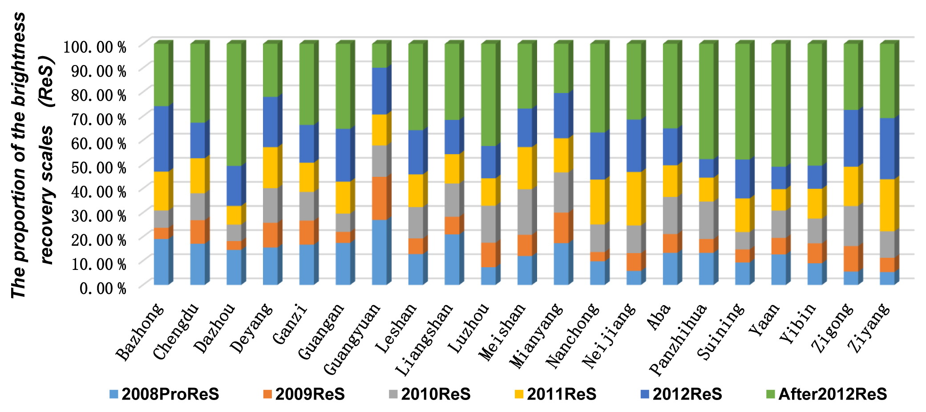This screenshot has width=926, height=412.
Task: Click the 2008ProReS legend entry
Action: tap(164, 394)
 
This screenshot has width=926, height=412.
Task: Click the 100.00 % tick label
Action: tap(95, 47)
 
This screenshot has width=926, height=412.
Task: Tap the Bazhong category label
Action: tap(141, 332)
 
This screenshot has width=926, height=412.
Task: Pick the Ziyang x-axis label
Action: tap(870, 327)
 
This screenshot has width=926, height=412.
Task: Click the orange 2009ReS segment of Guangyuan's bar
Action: tap(379, 198)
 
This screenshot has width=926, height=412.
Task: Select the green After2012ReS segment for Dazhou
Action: tap(234, 105)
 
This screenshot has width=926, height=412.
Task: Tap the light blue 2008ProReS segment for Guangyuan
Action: tap(379, 252)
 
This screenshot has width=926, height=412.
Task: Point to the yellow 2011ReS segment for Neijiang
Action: tap(634, 199)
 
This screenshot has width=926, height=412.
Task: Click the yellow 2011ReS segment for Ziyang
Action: tap(887, 205)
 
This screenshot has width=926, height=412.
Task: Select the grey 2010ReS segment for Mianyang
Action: tap(561, 192)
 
